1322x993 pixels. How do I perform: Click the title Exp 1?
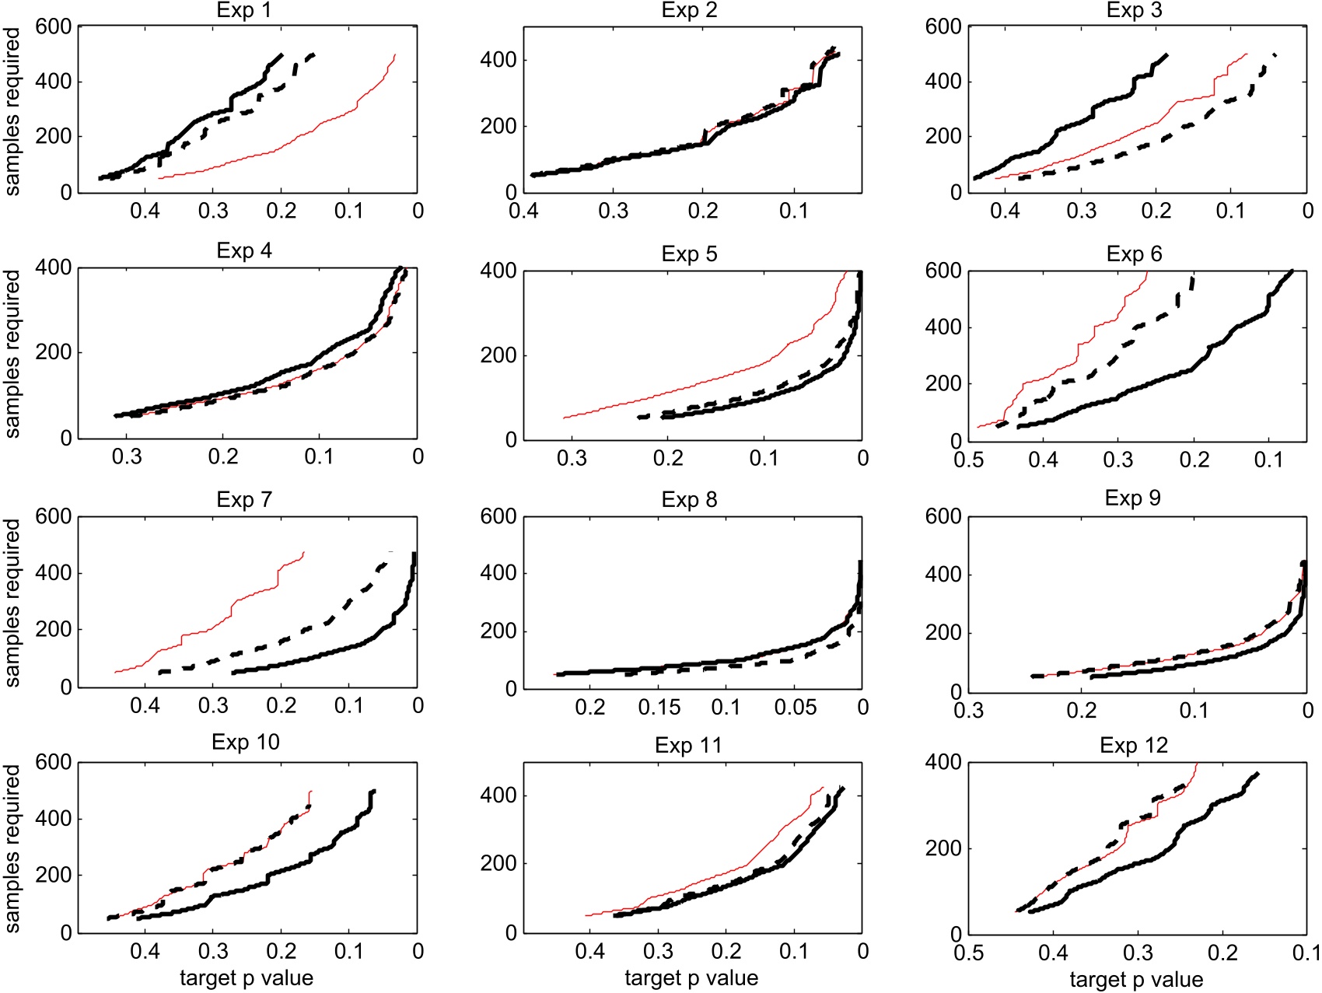pyautogui.click(x=243, y=11)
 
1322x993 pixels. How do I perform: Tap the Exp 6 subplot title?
pyautogui.click(x=1134, y=254)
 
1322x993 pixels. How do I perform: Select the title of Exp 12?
pyautogui.click(x=1134, y=746)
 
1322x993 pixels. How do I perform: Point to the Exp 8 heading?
pyautogui.click(x=689, y=500)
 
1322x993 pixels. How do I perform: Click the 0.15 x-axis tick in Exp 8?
pyautogui.click(x=659, y=708)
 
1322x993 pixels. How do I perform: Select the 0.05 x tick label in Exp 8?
pyautogui.click(x=795, y=708)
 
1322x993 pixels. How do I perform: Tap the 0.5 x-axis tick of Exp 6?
pyautogui.click(x=968, y=460)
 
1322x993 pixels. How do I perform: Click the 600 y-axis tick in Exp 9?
pyautogui.click(x=943, y=517)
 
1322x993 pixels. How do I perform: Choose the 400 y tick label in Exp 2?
pyautogui.click(x=498, y=60)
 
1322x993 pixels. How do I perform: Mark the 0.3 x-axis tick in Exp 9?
pyautogui.click(x=968, y=711)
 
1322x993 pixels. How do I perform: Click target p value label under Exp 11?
pyautogui.click(x=691, y=978)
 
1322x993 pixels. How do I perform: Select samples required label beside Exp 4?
pyautogui.click(x=12, y=354)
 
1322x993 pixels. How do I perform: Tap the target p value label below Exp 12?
pyautogui.click(x=1136, y=980)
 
